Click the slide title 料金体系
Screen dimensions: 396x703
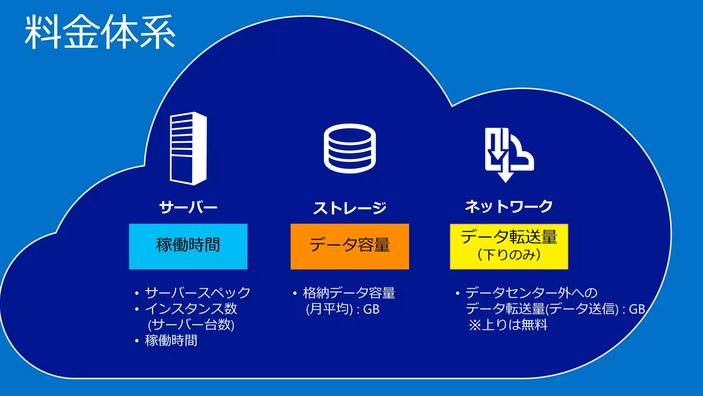click(x=100, y=32)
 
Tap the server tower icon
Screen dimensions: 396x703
click(x=188, y=148)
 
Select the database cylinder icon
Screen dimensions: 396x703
click(x=350, y=148)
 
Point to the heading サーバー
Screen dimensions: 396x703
click(x=188, y=207)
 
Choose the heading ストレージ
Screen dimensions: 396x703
click(x=350, y=208)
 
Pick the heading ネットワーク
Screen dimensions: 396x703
click(x=509, y=207)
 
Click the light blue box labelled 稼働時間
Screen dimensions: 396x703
click(x=188, y=246)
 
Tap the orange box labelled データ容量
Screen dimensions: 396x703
click(x=350, y=246)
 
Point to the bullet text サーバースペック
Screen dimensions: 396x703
click(x=197, y=293)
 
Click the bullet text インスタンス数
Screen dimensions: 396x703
click(x=191, y=309)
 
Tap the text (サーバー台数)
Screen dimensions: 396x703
click(x=191, y=324)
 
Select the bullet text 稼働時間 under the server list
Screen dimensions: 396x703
click(x=171, y=341)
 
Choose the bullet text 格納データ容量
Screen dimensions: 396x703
click(x=349, y=293)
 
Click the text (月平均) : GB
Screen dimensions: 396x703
click(x=343, y=309)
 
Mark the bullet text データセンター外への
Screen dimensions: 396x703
click(x=531, y=293)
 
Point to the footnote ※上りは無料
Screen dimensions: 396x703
click(x=508, y=325)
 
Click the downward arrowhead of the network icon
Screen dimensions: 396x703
click(x=505, y=177)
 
